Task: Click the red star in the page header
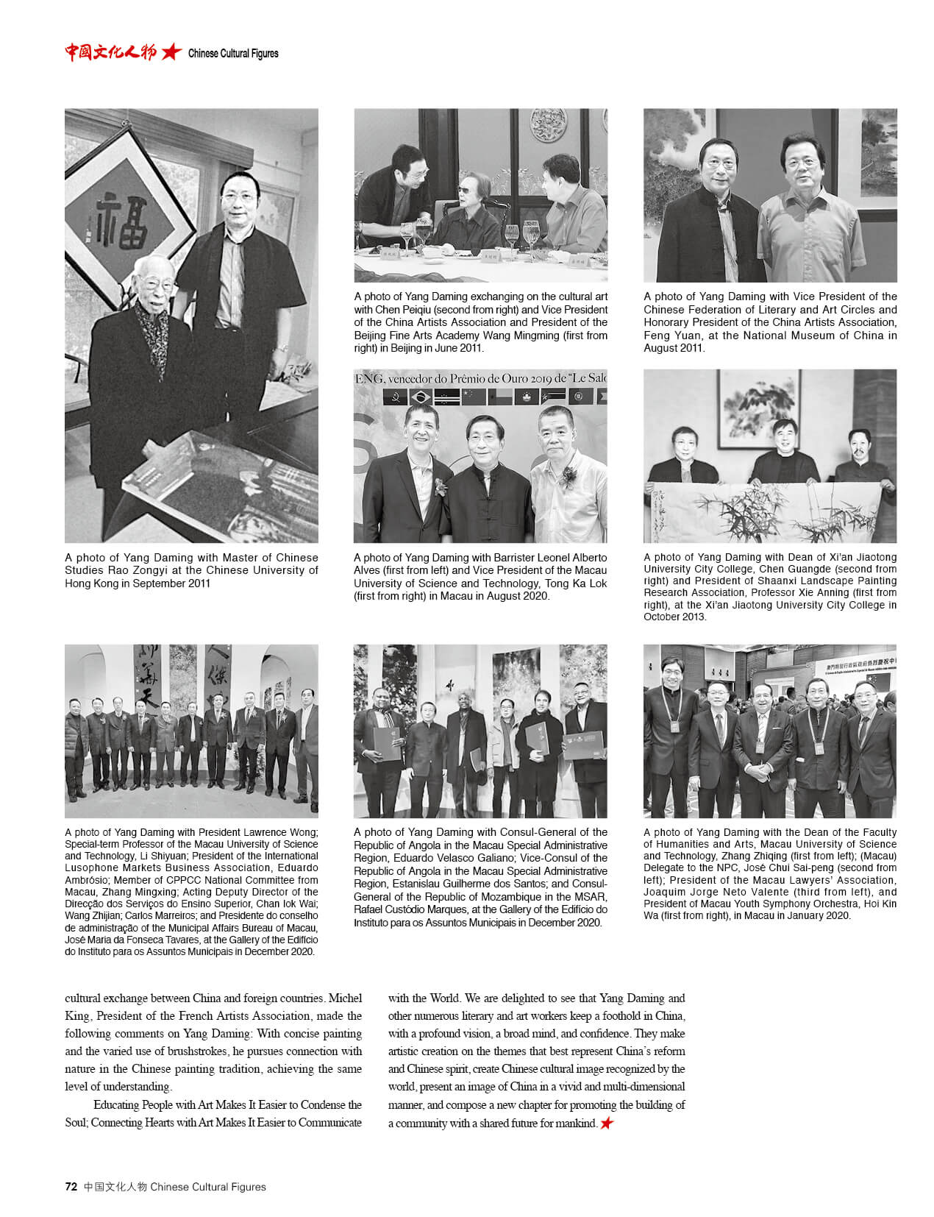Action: (171, 52)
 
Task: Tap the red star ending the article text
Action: (606, 1123)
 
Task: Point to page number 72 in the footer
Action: (71, 1186)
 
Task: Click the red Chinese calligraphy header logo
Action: (110, 52)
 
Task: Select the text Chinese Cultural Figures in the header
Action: (233, 53)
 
